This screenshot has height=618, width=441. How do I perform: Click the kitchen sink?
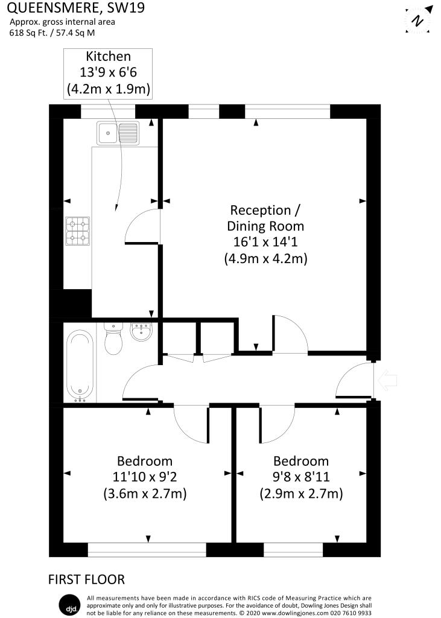point(118,133)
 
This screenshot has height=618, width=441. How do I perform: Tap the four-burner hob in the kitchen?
point(78,231)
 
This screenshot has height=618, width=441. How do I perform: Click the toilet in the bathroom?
point(113,339)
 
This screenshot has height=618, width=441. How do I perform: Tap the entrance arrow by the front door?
point(387,380)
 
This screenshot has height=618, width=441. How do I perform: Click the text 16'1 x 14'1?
point(265,242)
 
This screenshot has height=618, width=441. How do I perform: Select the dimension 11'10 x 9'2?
point(145,477)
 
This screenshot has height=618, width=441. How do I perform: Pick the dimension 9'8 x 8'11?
point(301,477)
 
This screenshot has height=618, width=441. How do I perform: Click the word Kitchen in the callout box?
point(109,56)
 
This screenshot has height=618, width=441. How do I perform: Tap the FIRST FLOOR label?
point(86,579)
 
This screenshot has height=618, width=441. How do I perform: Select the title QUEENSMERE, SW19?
point(76,8)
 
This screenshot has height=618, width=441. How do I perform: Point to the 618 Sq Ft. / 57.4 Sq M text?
point(52,33)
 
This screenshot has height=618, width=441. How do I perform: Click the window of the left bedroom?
point(147,550)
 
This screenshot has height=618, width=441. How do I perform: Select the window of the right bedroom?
point(293,550)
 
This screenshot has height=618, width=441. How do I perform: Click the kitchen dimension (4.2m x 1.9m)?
point(109,89)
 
